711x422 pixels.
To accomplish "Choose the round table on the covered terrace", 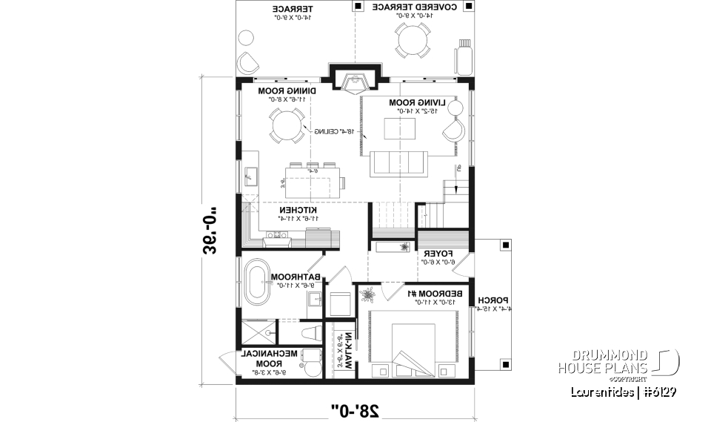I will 413,39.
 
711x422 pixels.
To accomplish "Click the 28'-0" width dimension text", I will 355,407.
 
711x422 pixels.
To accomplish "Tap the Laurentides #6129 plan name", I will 621,392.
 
